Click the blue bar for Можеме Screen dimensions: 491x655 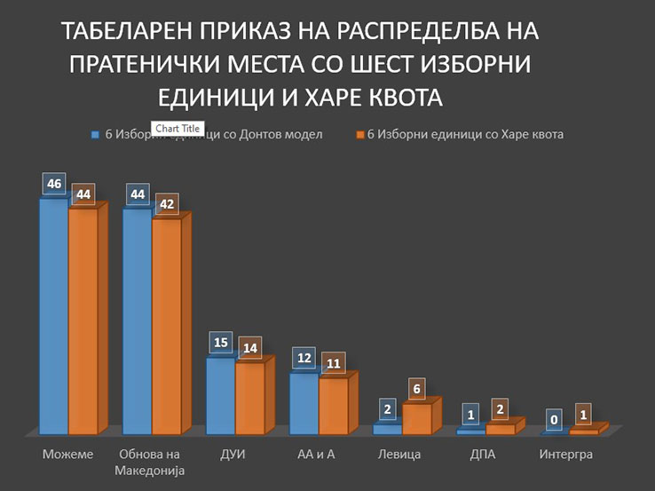(54, 315)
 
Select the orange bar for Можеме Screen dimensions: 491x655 (83, 321)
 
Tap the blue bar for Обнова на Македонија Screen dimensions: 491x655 (138, 321)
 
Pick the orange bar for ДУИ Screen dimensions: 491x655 (250, 398)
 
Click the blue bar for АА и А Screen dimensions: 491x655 (304, 403)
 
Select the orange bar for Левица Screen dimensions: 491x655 (417, 418)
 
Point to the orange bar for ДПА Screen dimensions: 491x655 (500, 429)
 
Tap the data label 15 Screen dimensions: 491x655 (221, 343)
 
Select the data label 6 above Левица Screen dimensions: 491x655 (417, 388)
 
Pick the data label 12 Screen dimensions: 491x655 (304, 358)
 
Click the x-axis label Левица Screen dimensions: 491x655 (399, 455)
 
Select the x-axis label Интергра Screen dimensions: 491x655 (566, 455)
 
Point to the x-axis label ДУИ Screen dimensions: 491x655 (232, 455)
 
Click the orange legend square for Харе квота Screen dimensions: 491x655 (360, 135)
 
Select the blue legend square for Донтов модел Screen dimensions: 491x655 (96, 135)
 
